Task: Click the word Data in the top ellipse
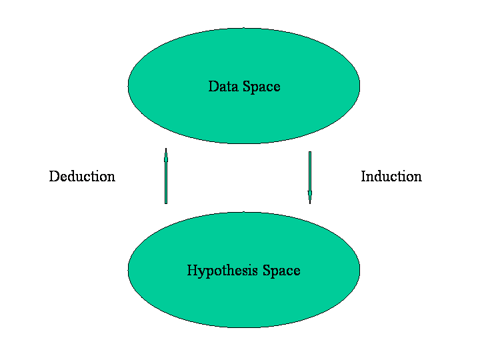point(221,87)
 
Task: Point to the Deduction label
point(82,177)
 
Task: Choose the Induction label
point(391,177)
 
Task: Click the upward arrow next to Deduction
point(166,177)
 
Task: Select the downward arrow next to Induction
point(310,177)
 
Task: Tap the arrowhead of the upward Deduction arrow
point(166,155)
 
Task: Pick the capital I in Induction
point(364,177)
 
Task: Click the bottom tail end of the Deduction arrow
point(166,202)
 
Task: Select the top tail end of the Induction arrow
point(310,153)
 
